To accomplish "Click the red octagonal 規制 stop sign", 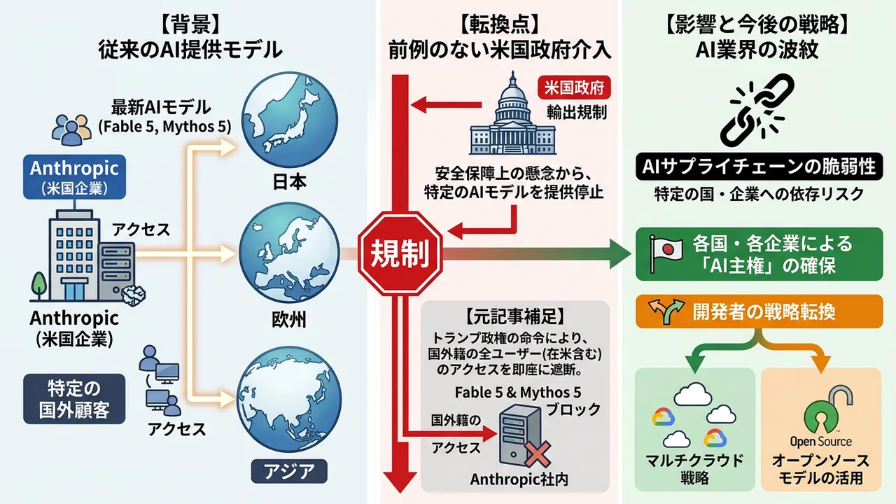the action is (400, 253).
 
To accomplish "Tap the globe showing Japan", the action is (290, 120).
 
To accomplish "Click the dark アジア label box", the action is (289, 471).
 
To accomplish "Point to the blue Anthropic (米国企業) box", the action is (74, 177).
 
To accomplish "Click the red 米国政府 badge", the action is (575, 87).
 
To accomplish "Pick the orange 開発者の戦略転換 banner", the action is (759, 311).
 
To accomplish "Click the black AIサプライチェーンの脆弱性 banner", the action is (759, 167).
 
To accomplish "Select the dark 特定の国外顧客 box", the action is (74, 399).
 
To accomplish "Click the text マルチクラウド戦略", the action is (694, 469).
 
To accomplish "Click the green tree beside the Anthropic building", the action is (38, 286).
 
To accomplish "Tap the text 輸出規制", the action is (577, 113).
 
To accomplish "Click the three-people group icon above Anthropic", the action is (71, 129).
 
